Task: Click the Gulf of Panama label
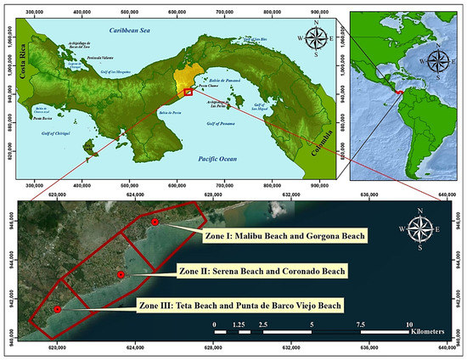(225, 124)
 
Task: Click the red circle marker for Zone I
(155, 222)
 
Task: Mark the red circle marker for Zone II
(121, 275)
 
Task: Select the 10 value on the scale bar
(409, 325)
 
